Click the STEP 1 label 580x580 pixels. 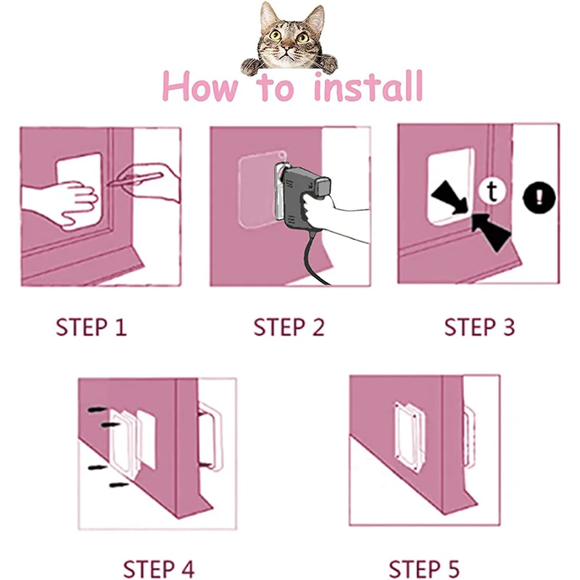point(91,327)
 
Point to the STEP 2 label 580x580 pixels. point(289,327)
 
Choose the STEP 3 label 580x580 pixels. point(479,327)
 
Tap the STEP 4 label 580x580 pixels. point(158,567)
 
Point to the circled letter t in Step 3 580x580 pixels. point(492,192)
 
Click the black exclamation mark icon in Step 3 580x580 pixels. point(539,196)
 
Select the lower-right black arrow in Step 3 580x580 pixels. point(491,231)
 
